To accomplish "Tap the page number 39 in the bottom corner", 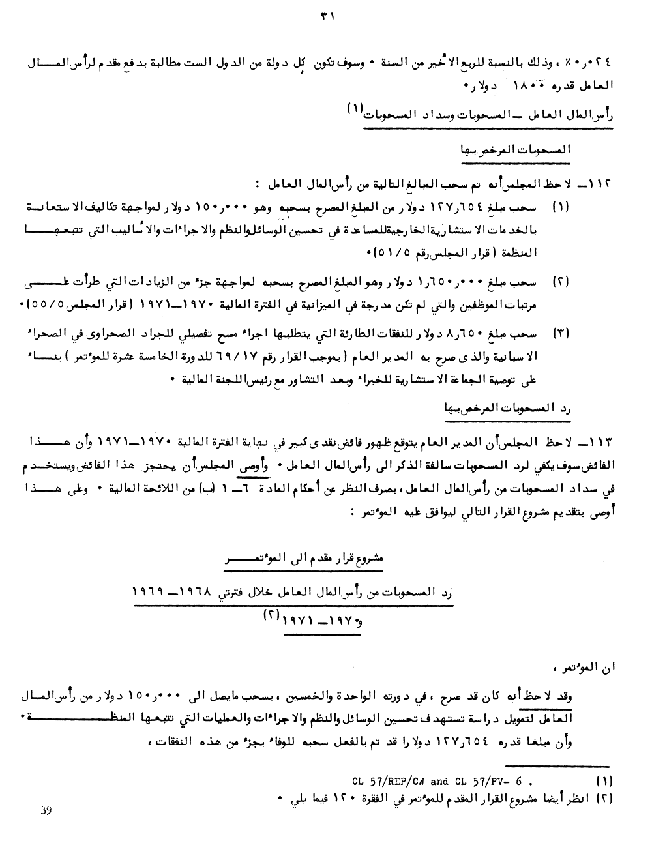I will click(46, 810).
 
